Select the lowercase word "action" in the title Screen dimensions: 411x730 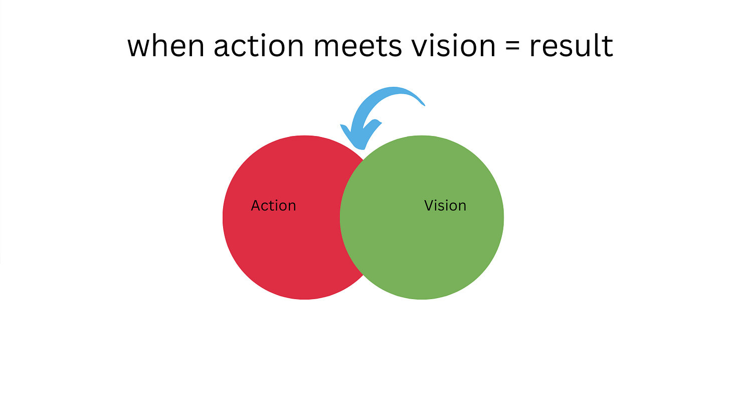pyautogui.click(x=259, y=46)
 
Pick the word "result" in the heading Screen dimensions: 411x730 pyautogui.click(x=571, y=46)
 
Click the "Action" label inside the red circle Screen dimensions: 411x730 pyautogui.click(x=273, y=206)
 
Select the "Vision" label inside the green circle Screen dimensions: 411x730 pyautogui.click(x=445, y=206)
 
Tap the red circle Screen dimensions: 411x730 pyautogui.click(x=281, y=241)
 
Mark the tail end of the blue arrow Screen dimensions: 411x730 pyautogui.click(x=423, y=104)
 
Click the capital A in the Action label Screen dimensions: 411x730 pyautogui.click(x=256, y=206)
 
